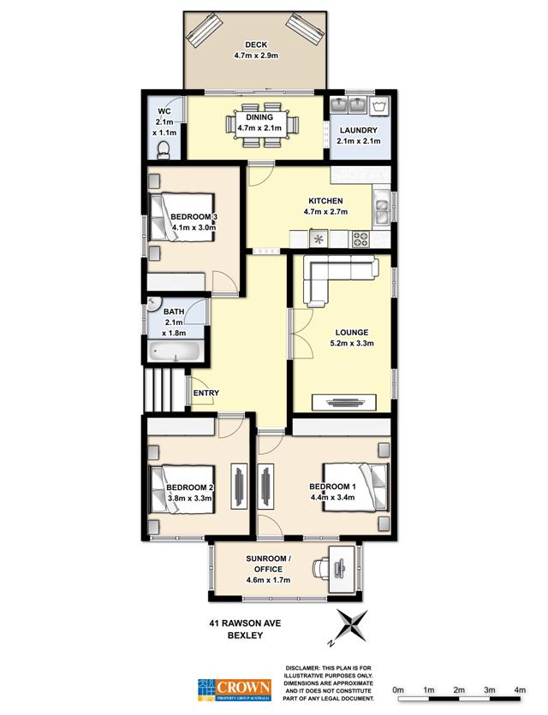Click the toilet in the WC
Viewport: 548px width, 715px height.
[x=163, y=151]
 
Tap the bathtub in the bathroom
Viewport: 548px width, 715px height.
[x=175, y=352]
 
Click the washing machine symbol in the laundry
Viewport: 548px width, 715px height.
[x=380, y=106]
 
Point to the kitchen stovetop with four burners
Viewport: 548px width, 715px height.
[x=360, y=239]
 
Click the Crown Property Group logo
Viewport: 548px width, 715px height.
[x=235, y=690]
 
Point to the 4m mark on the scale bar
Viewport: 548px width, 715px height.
[x=519, y=690]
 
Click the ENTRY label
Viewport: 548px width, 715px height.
[x=206, y=393]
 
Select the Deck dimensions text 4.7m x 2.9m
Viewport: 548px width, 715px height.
[x=256, y=56]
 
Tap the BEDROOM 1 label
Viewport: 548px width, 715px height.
[x=332, y=487]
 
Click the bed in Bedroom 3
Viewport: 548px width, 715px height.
[x=182, y=217]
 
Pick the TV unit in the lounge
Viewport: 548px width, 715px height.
[x=344, y=402]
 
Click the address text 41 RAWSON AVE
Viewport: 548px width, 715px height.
[x=245, y=623]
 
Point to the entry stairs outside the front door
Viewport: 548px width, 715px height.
[x=164, y=390]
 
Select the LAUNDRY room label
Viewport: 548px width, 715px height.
[x=359, y=130]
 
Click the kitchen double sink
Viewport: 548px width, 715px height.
[x=381, y=209]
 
